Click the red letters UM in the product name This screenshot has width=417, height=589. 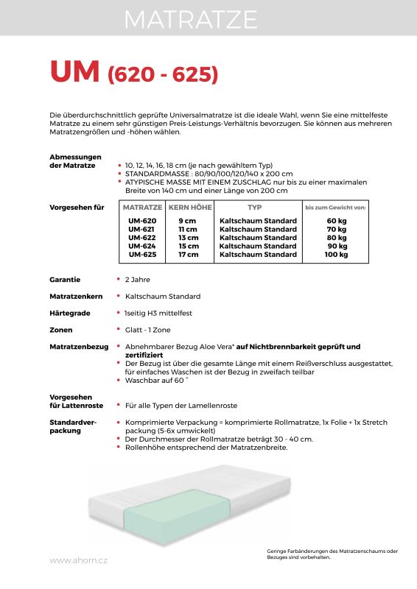(74, 72)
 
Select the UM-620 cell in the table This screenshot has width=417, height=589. (142, 221)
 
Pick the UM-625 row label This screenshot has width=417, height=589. (142, 255)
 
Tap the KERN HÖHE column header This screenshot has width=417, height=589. (189, 208)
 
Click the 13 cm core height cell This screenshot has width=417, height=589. (188, 238)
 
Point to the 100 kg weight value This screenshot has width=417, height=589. (336, 255)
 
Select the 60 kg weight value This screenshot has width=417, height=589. (336, 221)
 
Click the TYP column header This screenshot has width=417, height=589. (255, 208)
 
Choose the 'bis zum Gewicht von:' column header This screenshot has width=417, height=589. (335, 208)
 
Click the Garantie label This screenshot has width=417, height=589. (65, 280)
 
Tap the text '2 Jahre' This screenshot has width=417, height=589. (138, 280)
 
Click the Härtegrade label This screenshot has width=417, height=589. (69, 313)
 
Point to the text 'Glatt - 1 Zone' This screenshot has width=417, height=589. (148, 330)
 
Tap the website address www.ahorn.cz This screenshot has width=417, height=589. (78, 560)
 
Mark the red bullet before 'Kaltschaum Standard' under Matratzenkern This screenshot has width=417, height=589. (119, 296)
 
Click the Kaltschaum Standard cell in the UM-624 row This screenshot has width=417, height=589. (258, 246)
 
